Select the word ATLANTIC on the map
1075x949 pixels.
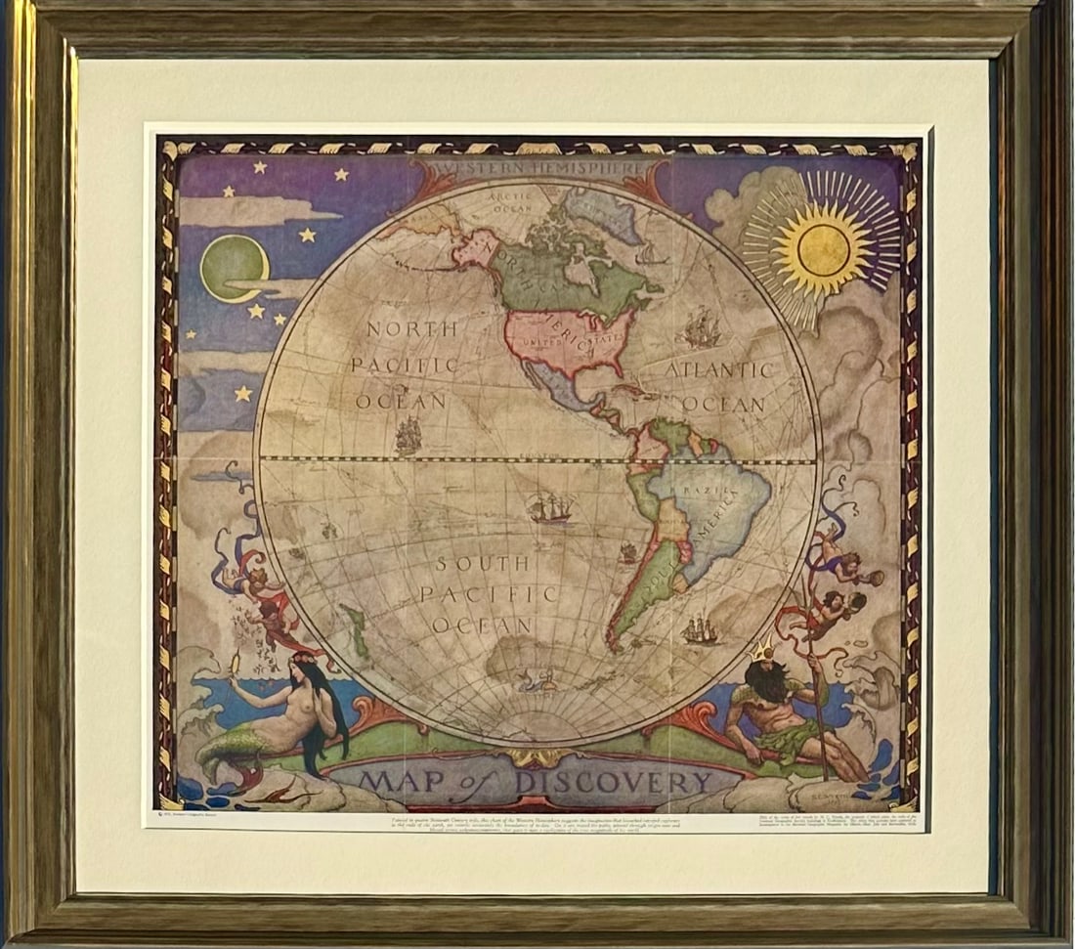coord(720,369)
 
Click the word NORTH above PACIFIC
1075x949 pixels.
coord(411,329)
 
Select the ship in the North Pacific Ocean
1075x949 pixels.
coord(408,436)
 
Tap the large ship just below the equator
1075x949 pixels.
coord(550,508)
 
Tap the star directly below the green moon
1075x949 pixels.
coord(256,311)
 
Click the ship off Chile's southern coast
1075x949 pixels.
coord(699,630)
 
